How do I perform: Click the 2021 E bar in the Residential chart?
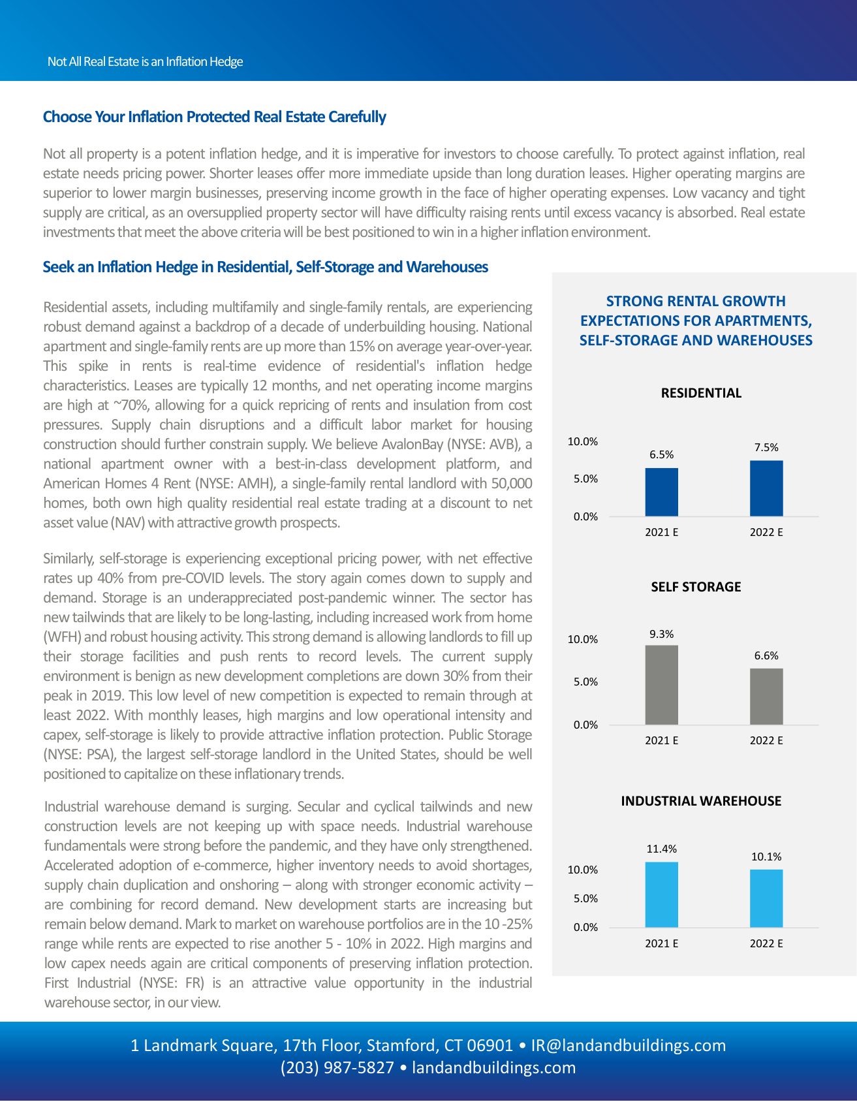point(661,492)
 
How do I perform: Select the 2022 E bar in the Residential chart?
point(766,488)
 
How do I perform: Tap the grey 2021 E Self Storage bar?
point(661,685)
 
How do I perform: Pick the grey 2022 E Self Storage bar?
point(766,697)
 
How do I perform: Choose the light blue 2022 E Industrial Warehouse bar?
point(766,898)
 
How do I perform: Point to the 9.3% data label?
point(661,634)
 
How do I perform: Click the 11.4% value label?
point(661,849)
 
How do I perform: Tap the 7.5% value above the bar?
point(766,447)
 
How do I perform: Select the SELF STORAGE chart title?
point(696,586)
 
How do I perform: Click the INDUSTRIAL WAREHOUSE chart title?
point(701,801)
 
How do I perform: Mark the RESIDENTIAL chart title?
point(701,393)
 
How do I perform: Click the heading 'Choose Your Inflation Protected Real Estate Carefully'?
point(214,117)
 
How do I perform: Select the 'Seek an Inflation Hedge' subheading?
point(265,267)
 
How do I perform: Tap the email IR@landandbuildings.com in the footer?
point(628,1045)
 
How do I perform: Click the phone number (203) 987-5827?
point(337,1067)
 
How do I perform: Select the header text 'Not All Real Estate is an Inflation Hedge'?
point(145,61)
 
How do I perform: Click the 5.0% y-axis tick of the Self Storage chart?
point(585,682)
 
